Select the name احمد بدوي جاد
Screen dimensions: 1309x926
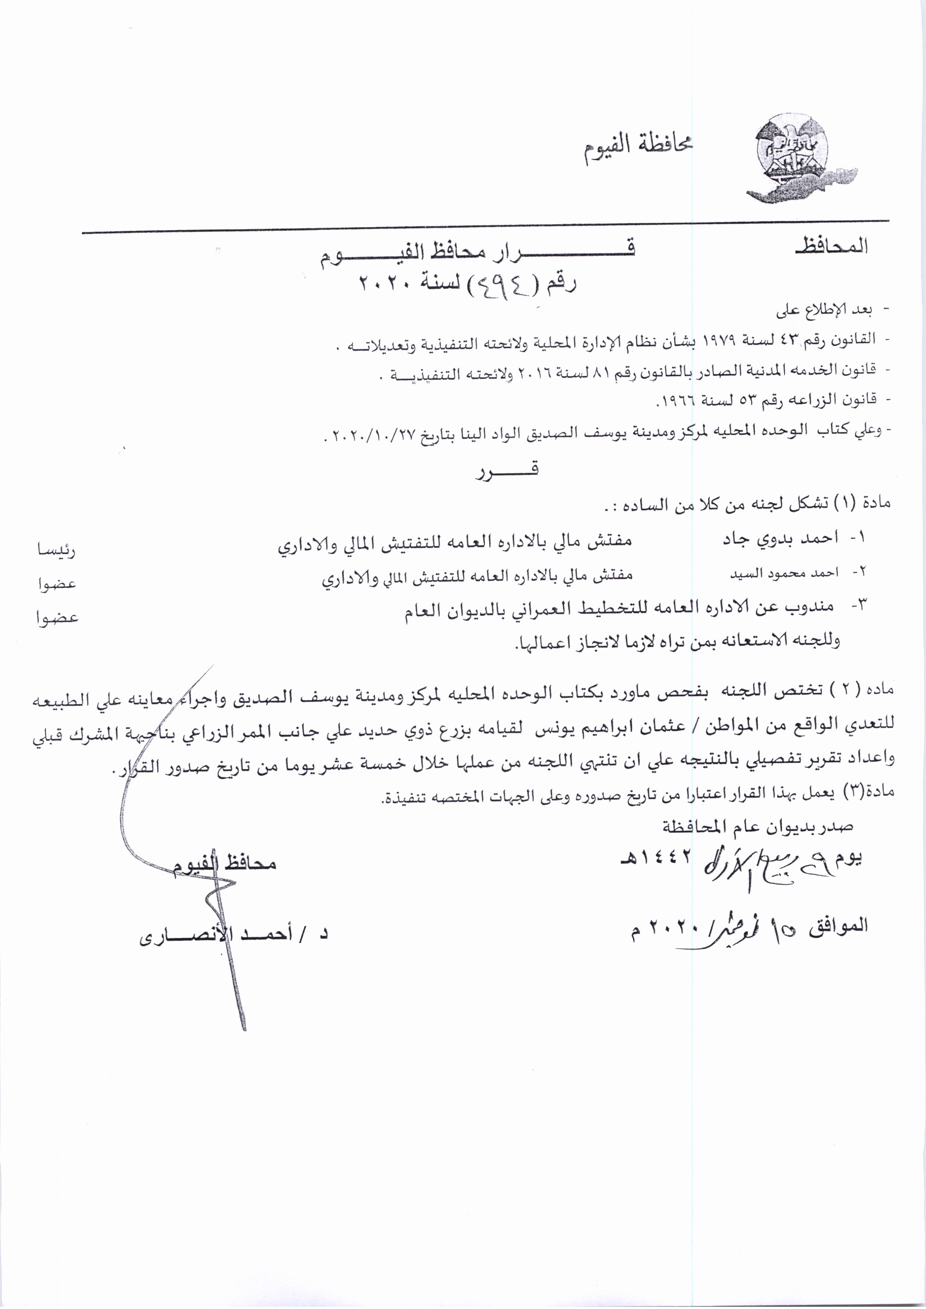point(780,537)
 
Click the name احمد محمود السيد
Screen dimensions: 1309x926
point(784,573)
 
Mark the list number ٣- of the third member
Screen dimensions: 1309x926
point(859,605)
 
